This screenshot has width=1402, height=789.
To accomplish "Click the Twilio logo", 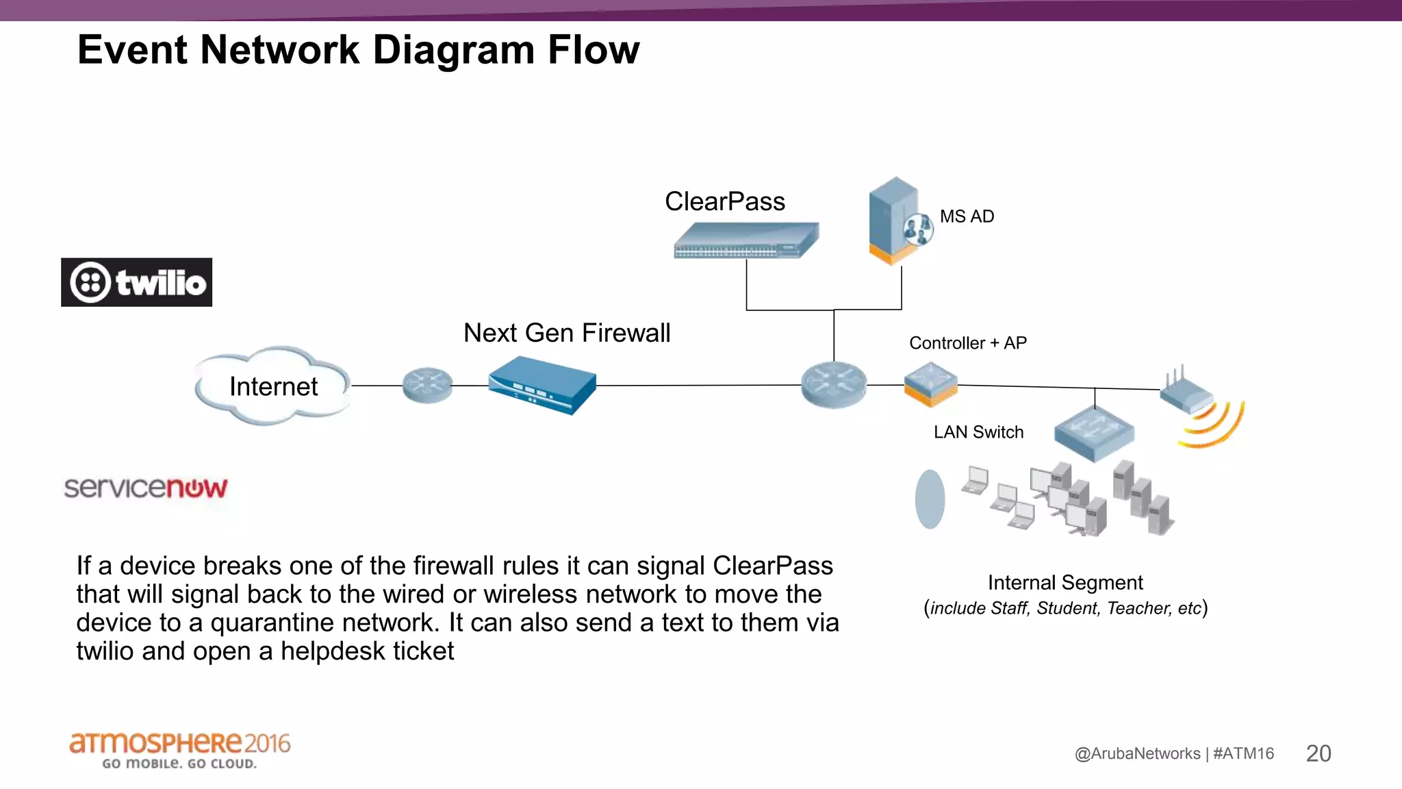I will click(136, 282).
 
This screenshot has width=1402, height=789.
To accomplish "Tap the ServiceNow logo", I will click(145, 488).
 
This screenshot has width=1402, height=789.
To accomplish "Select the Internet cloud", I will click(273, 386).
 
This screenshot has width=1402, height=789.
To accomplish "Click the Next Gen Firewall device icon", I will click(542, 385).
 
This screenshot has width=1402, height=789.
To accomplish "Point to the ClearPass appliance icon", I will click(745, 240).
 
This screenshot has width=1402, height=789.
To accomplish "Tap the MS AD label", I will click(966, 216).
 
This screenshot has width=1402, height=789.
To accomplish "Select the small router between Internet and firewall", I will click(427, 386).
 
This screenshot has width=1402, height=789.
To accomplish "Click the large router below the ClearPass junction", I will click(833, 385).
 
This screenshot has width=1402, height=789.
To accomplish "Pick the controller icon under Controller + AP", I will click(930, 385).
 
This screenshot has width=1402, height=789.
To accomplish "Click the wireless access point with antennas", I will click(1187, 393).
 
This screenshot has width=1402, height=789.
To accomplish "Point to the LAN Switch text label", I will click(978, 432).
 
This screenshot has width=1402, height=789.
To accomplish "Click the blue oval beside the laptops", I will click(930, 499).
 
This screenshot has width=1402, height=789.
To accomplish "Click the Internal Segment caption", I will click(1065, 583).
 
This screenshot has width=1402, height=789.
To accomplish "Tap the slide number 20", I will click(1318, 753).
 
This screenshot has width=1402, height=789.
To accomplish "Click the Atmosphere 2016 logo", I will click(179, 750).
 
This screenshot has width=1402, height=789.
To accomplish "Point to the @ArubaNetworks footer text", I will click(1137, 753).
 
